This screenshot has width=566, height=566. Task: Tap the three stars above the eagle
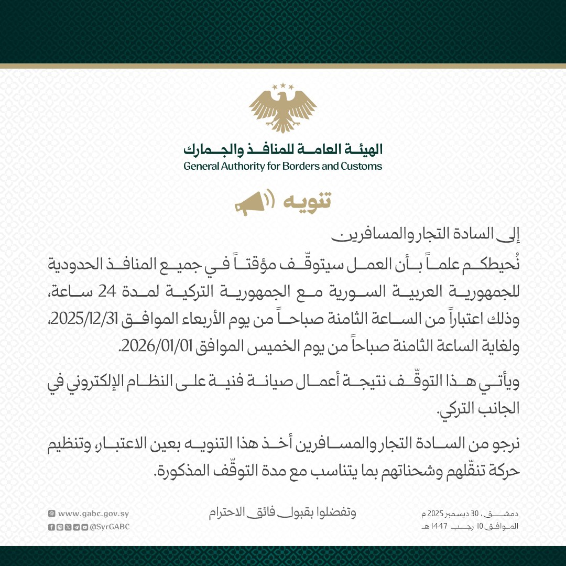pos(283,86)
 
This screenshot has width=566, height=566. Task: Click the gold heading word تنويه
pos(306,202)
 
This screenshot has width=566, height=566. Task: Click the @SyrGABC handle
pos(109,527)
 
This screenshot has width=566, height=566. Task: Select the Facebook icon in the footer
pos(51,527)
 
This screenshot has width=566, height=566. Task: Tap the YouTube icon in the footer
pos(84,527)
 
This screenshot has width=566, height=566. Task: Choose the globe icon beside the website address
pos(51,514)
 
